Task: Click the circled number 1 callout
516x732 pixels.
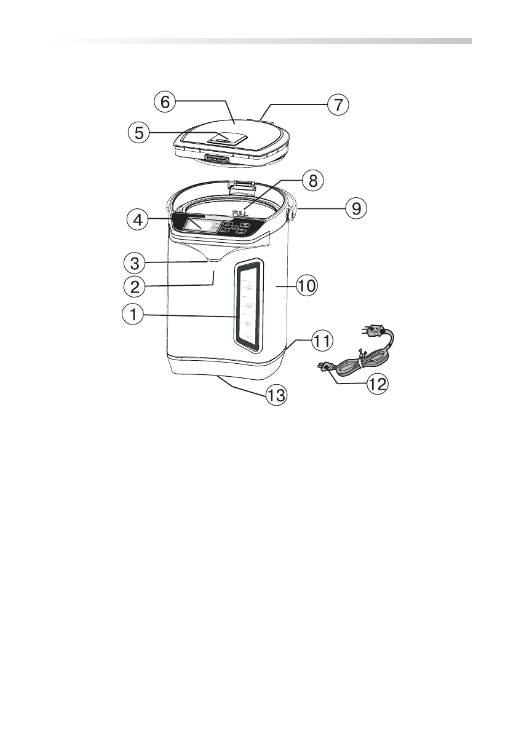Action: click(x=133, y=316)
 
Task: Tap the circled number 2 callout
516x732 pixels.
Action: click(x=133, y=286)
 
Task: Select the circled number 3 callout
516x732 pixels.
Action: click(x=133, y=263)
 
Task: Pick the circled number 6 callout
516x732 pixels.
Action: click(x=164, y=102)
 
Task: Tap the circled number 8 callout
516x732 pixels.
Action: click(x=313, y=181)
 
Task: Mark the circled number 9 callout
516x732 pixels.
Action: click(x=355, y=208)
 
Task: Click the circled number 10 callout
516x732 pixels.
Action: click(x=306, y=286)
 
